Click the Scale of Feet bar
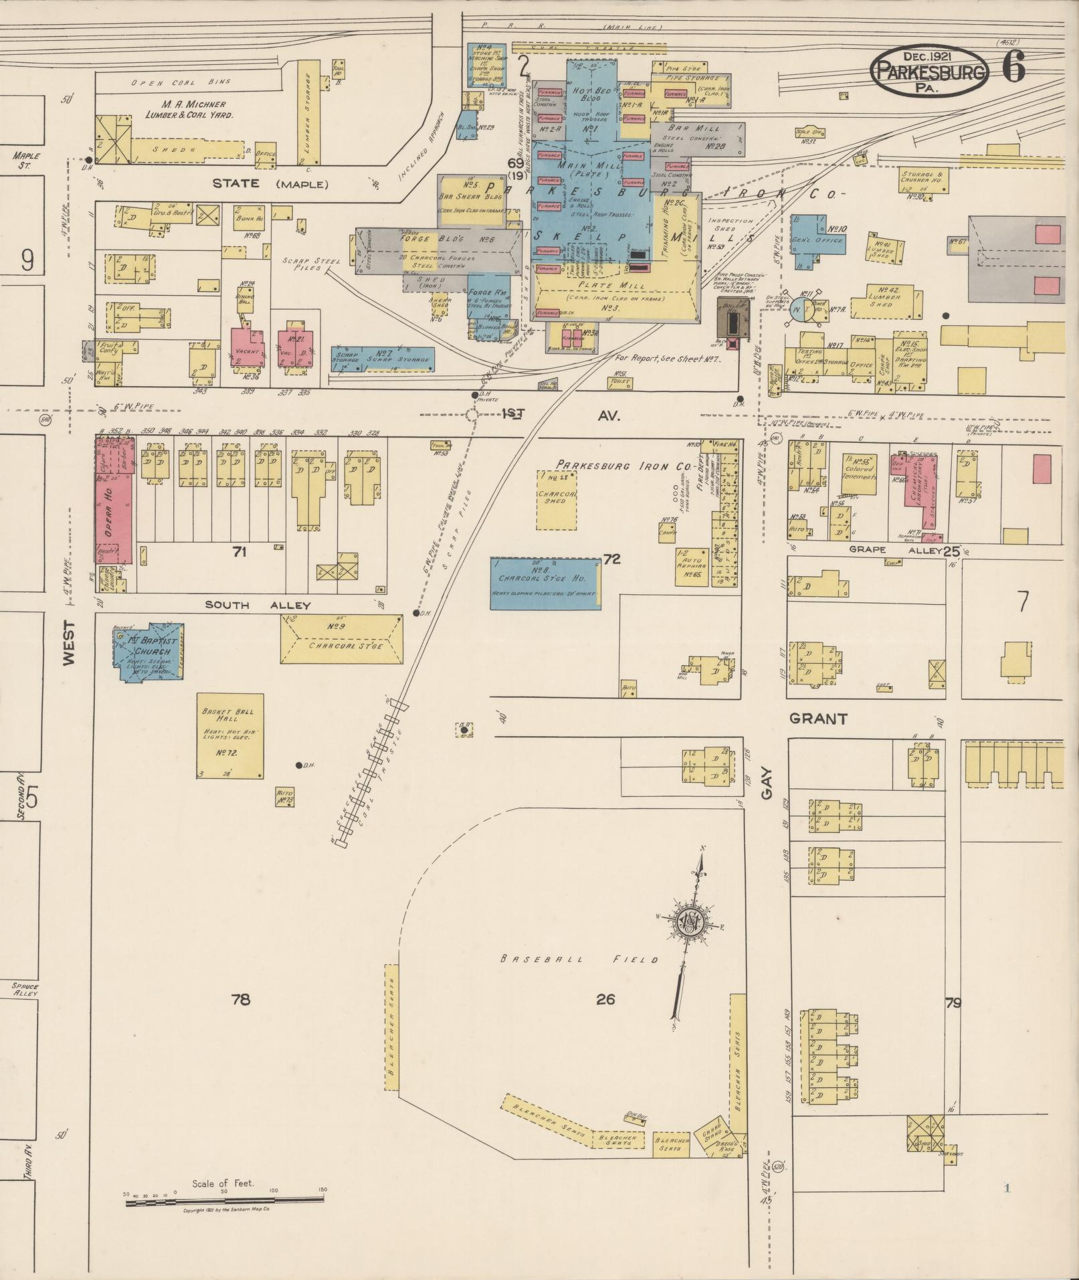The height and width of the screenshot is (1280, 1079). [224, 1203]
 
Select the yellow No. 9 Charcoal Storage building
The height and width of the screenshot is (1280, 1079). [341, 638]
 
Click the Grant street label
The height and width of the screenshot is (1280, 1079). [818, 719]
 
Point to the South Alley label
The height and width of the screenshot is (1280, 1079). [258, 605]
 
